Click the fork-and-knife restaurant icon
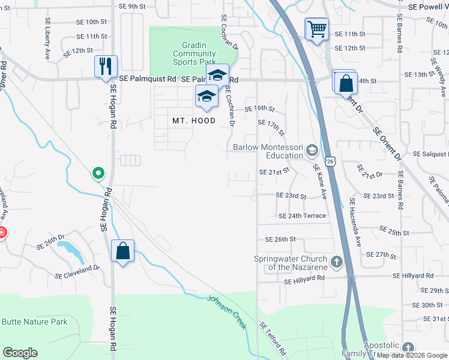point(106,66)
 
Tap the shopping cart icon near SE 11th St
point(317,28)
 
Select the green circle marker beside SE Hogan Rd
point(98,173)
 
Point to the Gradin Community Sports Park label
point(194,53)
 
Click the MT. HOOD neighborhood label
point(194,121)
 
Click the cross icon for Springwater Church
point(336,262)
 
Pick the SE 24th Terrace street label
point(302,216)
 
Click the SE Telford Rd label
point(273,339)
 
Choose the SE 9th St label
point(133,6)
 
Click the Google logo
point(20,353)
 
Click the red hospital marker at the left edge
point(2,233)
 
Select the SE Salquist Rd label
point(430,154)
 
